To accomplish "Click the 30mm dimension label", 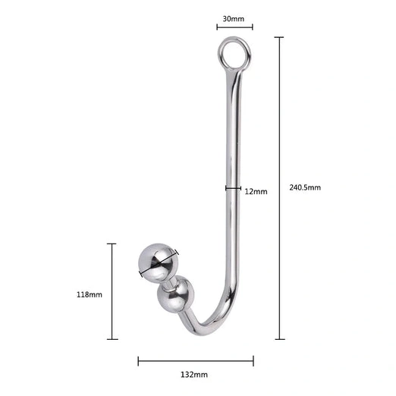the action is pos(234,19).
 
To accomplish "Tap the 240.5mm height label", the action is pos(305,187).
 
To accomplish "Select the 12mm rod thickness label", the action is pos(256,191).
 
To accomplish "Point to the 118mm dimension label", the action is pos(90,294).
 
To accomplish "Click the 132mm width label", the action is pos(194,375).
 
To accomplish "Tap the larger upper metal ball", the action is pos(159,262).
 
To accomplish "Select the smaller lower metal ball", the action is pos(176,297).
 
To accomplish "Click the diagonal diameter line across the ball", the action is pos(159,263).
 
